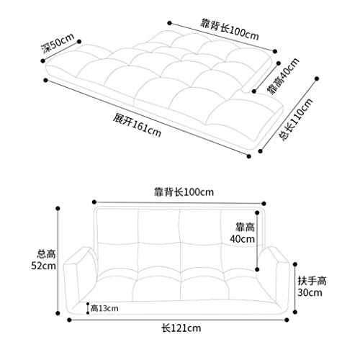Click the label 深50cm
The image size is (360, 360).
coord(58,44)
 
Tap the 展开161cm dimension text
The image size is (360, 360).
coord(137,125)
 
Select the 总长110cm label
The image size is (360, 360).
coord(296,120)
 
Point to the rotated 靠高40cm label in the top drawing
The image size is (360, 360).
coord(283,76)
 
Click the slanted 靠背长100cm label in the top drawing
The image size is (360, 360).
coord(230,30)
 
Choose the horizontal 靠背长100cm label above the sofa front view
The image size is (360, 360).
coord(184,192)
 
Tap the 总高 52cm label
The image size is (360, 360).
coord(44,260)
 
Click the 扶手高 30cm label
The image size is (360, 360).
coord(312,287)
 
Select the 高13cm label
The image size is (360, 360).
coord(104,308)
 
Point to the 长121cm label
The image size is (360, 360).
coord(181,328)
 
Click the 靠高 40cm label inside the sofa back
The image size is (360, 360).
coord(243,233)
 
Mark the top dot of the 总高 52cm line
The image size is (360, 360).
coord(58,208)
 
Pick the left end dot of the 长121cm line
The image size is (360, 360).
coord(69,320)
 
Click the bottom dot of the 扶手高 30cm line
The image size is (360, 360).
coord(295,312)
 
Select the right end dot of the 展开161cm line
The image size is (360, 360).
coord(249,156)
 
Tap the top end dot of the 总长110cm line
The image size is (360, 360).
coord(317,78)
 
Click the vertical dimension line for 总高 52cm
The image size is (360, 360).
coord(58,261)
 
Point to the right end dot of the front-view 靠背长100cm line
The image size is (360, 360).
coord(264,204)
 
